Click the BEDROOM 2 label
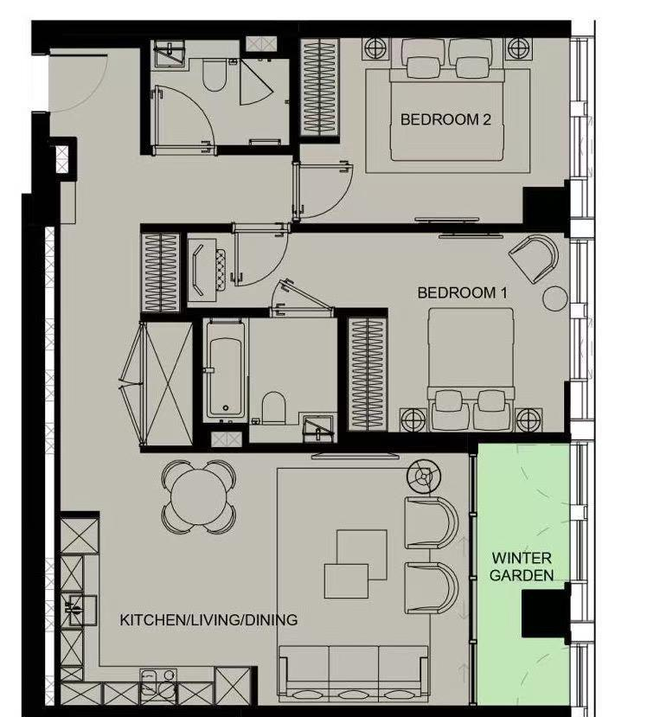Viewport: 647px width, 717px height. [x=445, y=119]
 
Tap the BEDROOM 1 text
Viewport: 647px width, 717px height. [x=463, y=292]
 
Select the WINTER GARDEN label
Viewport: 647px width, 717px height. [x=522, y=567]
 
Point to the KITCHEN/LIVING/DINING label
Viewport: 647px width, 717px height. [x=208, y=620]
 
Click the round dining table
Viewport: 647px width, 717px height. [x=199, y=497]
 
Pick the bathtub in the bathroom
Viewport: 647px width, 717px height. [x=225, y=370]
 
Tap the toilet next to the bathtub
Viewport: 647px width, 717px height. [x=274, y=407]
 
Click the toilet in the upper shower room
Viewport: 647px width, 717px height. [x=214, y=75]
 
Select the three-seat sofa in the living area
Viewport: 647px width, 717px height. [x=353, y=674]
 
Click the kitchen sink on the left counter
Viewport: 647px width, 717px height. [x=78, y=610]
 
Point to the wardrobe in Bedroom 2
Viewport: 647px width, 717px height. [x=320, y=87]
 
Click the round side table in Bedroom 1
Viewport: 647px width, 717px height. [x=555, y=298]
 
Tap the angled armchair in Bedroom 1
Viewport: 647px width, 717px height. [x=534, y=259]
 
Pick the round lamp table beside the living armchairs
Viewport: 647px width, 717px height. [x=424, y=477]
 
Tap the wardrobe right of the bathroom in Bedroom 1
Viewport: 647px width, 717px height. [x=368, y=374]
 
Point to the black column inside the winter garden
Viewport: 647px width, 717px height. [x=546, y=613]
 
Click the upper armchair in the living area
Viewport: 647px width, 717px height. [x=432, y=522]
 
